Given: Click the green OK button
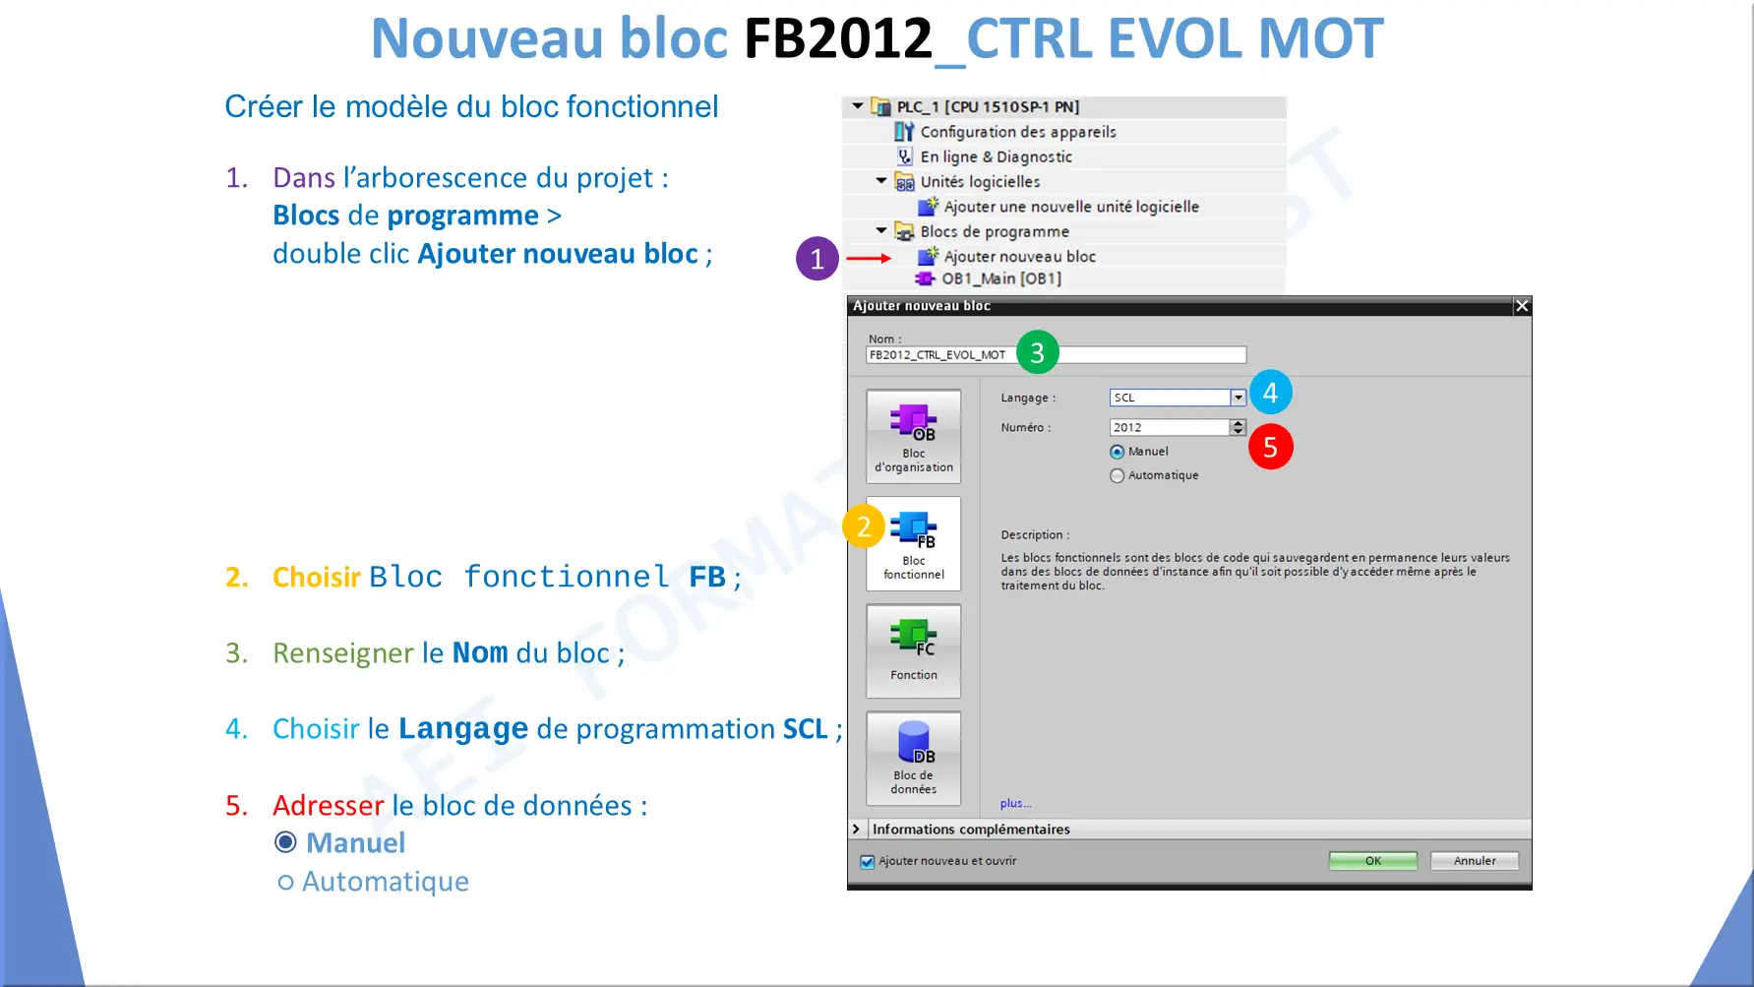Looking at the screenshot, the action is (x=1372, y=861).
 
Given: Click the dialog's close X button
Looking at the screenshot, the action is (x=1522, y=306).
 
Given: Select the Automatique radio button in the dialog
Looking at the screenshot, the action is (x=1117, y=475).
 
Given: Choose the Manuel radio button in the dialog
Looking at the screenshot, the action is (x=1117, y=452).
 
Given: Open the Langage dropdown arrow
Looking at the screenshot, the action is (x=1239, y=398).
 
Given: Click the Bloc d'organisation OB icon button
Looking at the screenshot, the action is (x=914, y=436).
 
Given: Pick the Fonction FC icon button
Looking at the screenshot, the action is (x=914, y=650).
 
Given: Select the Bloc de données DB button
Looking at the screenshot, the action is (x=914, y=759).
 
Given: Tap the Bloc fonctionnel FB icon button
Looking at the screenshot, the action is (x=914, y=543).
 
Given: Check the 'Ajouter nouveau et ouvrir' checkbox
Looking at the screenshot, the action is (x=867, y=862).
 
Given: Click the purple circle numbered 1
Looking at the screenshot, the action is (x=817, y=259).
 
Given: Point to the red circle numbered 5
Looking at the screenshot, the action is (x=1270, y=447).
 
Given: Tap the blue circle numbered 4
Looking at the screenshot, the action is (x=1270, y=393).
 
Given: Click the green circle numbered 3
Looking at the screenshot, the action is (x=1037, y=352).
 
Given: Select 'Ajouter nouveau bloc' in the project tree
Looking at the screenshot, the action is (x=1019, y=257).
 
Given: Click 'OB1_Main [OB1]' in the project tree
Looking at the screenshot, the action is (x=1001, y=278).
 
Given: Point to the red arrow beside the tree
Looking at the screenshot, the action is (x=869, y=258).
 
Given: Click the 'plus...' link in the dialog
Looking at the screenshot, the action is (x=1016, y=804).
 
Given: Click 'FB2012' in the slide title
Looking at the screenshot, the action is (x=837, y=38).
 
